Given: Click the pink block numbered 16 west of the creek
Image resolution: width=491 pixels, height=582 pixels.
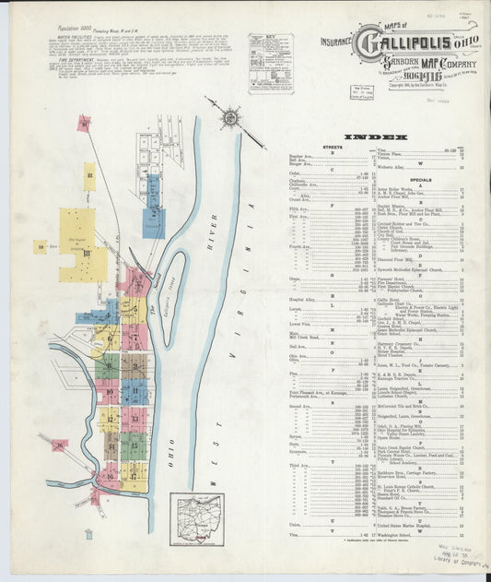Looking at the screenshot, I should (x=60, y=445).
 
